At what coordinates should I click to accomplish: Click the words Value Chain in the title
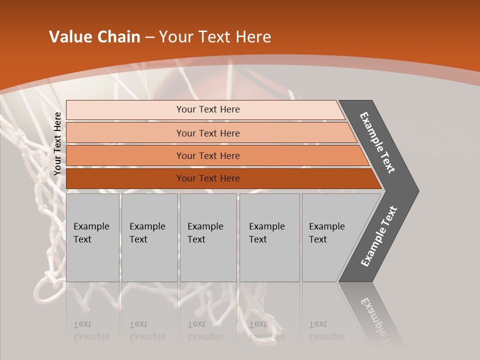click(x=94, y=37)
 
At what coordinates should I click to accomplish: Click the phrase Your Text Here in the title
click(x=215, y=37)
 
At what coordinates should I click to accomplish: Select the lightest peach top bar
click(x=125, y=110)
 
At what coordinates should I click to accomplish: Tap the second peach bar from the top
click(x=125, y=133)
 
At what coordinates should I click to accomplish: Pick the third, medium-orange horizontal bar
click(x=125, y=155)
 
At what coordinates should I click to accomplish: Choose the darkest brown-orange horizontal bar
click(x=125, y=178)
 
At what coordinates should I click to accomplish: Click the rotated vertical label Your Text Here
click(x=57, y=144)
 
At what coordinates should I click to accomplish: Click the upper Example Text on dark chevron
click(x=377, y=142)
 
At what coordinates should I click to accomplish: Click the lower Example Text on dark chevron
click(x=378, y=236)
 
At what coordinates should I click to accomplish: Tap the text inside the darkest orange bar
click(x=208, y=178)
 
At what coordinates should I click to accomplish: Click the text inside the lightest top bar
click(x=208, y=109)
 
